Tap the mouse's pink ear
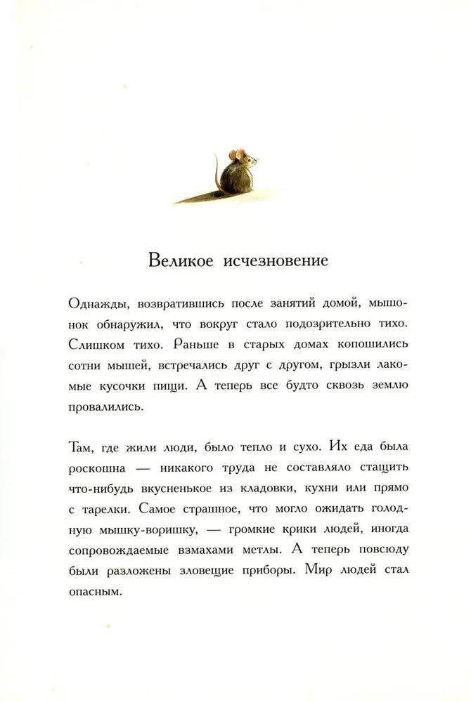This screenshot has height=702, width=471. (239, 154)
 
